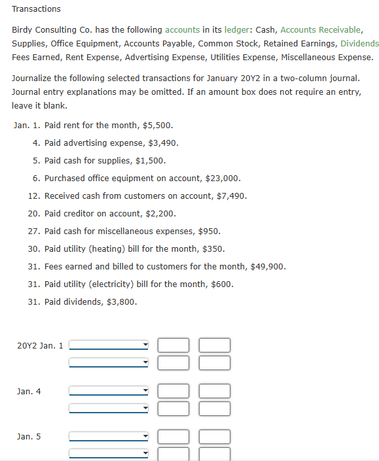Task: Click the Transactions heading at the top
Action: [36, 9]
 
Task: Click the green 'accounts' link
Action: [182, 30]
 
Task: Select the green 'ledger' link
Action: [236, 30]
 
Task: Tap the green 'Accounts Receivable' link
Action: [320, 30]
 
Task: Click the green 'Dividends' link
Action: [359, 43]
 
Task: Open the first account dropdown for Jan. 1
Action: [109, 345]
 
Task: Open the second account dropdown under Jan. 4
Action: [109, 409]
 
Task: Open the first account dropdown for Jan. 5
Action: [109, 436]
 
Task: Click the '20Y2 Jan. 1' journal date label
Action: [40, 345]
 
